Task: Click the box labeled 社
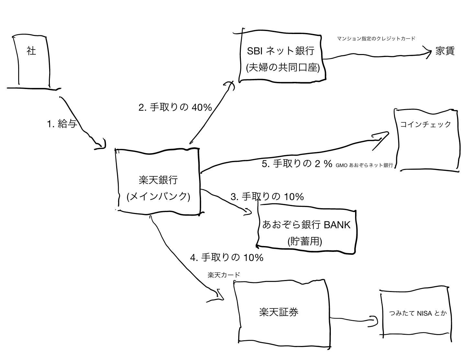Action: (32, 62)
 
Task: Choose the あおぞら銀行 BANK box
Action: (306, 231)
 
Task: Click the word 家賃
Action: (445, 51)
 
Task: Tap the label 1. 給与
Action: (62, 124)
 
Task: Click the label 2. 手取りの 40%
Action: (175, 107)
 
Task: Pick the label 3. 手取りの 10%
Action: (267, 197)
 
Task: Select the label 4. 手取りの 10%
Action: (227, 258)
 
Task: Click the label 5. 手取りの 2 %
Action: (297, 164)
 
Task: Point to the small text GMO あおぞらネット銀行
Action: (364, 165)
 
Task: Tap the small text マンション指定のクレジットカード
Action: (376, 39)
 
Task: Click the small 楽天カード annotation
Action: (224, 275)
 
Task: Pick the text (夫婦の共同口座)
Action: (283, 68)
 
